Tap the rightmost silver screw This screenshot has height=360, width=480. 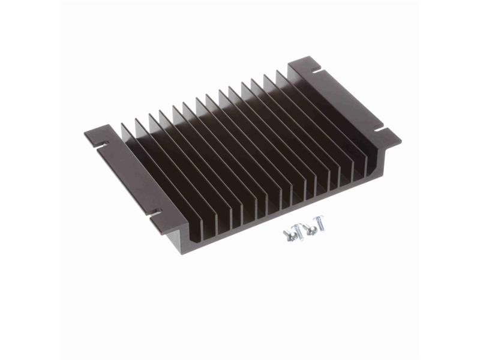coord(319,226)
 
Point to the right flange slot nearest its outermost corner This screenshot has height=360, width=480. coord(379,128)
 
